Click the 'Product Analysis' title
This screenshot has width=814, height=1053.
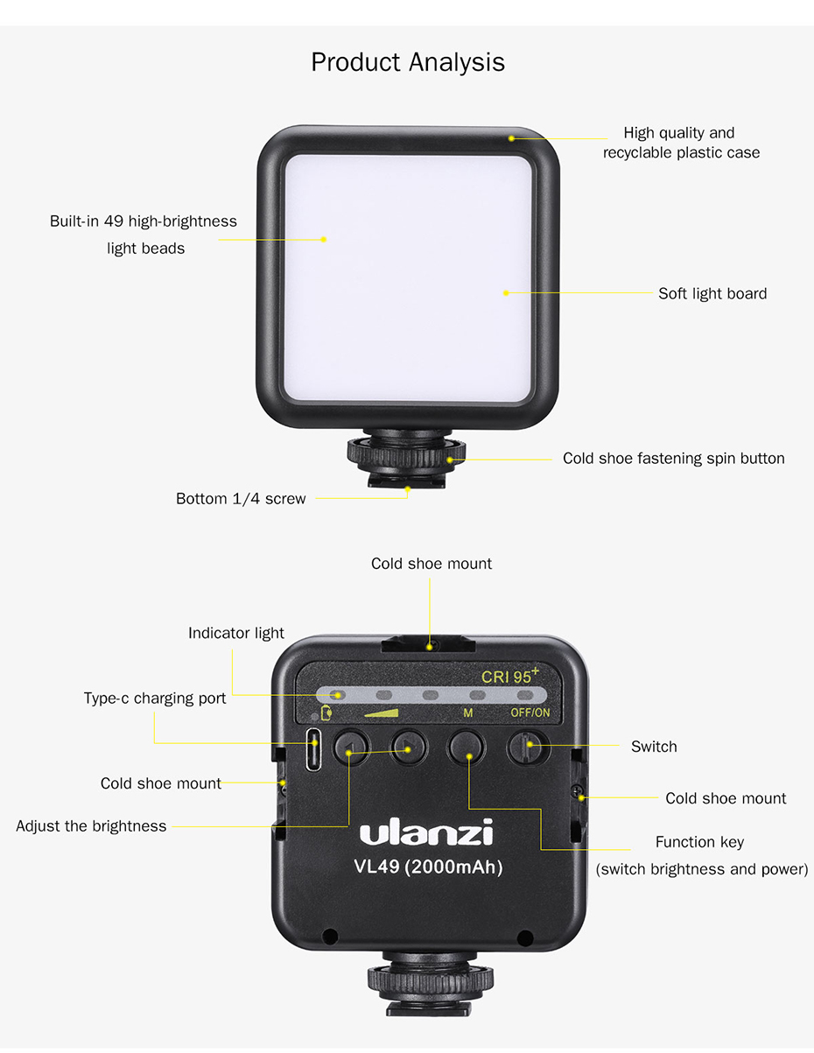coord(407,63)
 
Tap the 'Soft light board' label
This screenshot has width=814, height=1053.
coord(712,294)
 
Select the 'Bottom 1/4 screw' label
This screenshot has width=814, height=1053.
coord(241,499)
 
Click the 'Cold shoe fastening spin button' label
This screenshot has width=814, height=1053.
coord(673,459)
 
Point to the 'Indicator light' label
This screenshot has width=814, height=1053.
coord(235,633)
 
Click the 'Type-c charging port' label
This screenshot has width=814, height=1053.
coord(155,698)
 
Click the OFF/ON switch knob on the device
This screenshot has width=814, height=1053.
coord(529,747)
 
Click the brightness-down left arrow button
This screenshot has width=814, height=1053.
coord(348,749)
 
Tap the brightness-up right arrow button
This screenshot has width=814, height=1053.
coord(407,748)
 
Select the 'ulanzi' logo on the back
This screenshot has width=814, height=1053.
coord(426,832)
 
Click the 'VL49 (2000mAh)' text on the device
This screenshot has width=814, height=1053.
coord(428,867)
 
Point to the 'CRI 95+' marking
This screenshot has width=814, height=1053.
coord(510,677)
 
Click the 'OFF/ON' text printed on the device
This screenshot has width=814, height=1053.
coord(530,713)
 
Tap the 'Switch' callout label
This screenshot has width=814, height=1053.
coord(654,747)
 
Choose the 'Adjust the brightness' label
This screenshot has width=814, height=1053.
coord(91,826)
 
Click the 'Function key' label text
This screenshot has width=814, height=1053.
coord(699,842)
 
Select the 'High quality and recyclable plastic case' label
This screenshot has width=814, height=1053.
coord(680,143)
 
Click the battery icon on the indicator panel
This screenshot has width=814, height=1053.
coord(326,712)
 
